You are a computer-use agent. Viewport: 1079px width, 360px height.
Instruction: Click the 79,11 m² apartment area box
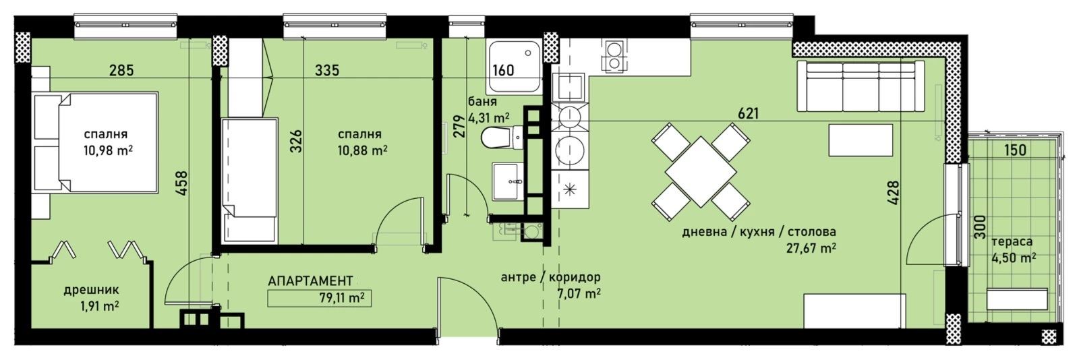(319, 297)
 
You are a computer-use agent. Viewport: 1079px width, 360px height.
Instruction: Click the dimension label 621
(748, 113)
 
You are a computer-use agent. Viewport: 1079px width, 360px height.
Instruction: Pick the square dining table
(701, 171)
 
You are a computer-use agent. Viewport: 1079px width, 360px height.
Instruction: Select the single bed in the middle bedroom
(250, 179)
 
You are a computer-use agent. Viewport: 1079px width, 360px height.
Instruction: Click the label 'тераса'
(1012, 241)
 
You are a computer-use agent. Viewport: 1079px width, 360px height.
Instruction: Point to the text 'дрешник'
(92, 291)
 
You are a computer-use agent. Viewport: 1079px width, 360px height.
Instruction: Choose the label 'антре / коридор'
(550, 277)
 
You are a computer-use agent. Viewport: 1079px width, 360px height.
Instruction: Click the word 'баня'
(482, 102)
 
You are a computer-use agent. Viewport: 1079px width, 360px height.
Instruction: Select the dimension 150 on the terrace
(1015, 150)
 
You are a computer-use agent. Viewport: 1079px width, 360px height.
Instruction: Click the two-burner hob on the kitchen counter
(614, 56)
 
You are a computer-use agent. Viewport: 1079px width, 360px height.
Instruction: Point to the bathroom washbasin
(506, 181)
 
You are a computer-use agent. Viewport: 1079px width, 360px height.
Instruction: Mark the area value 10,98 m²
(106, 150)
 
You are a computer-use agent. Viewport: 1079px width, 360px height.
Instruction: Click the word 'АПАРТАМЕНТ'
(310, 280)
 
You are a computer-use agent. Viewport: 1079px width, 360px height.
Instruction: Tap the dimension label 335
(326, 69)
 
